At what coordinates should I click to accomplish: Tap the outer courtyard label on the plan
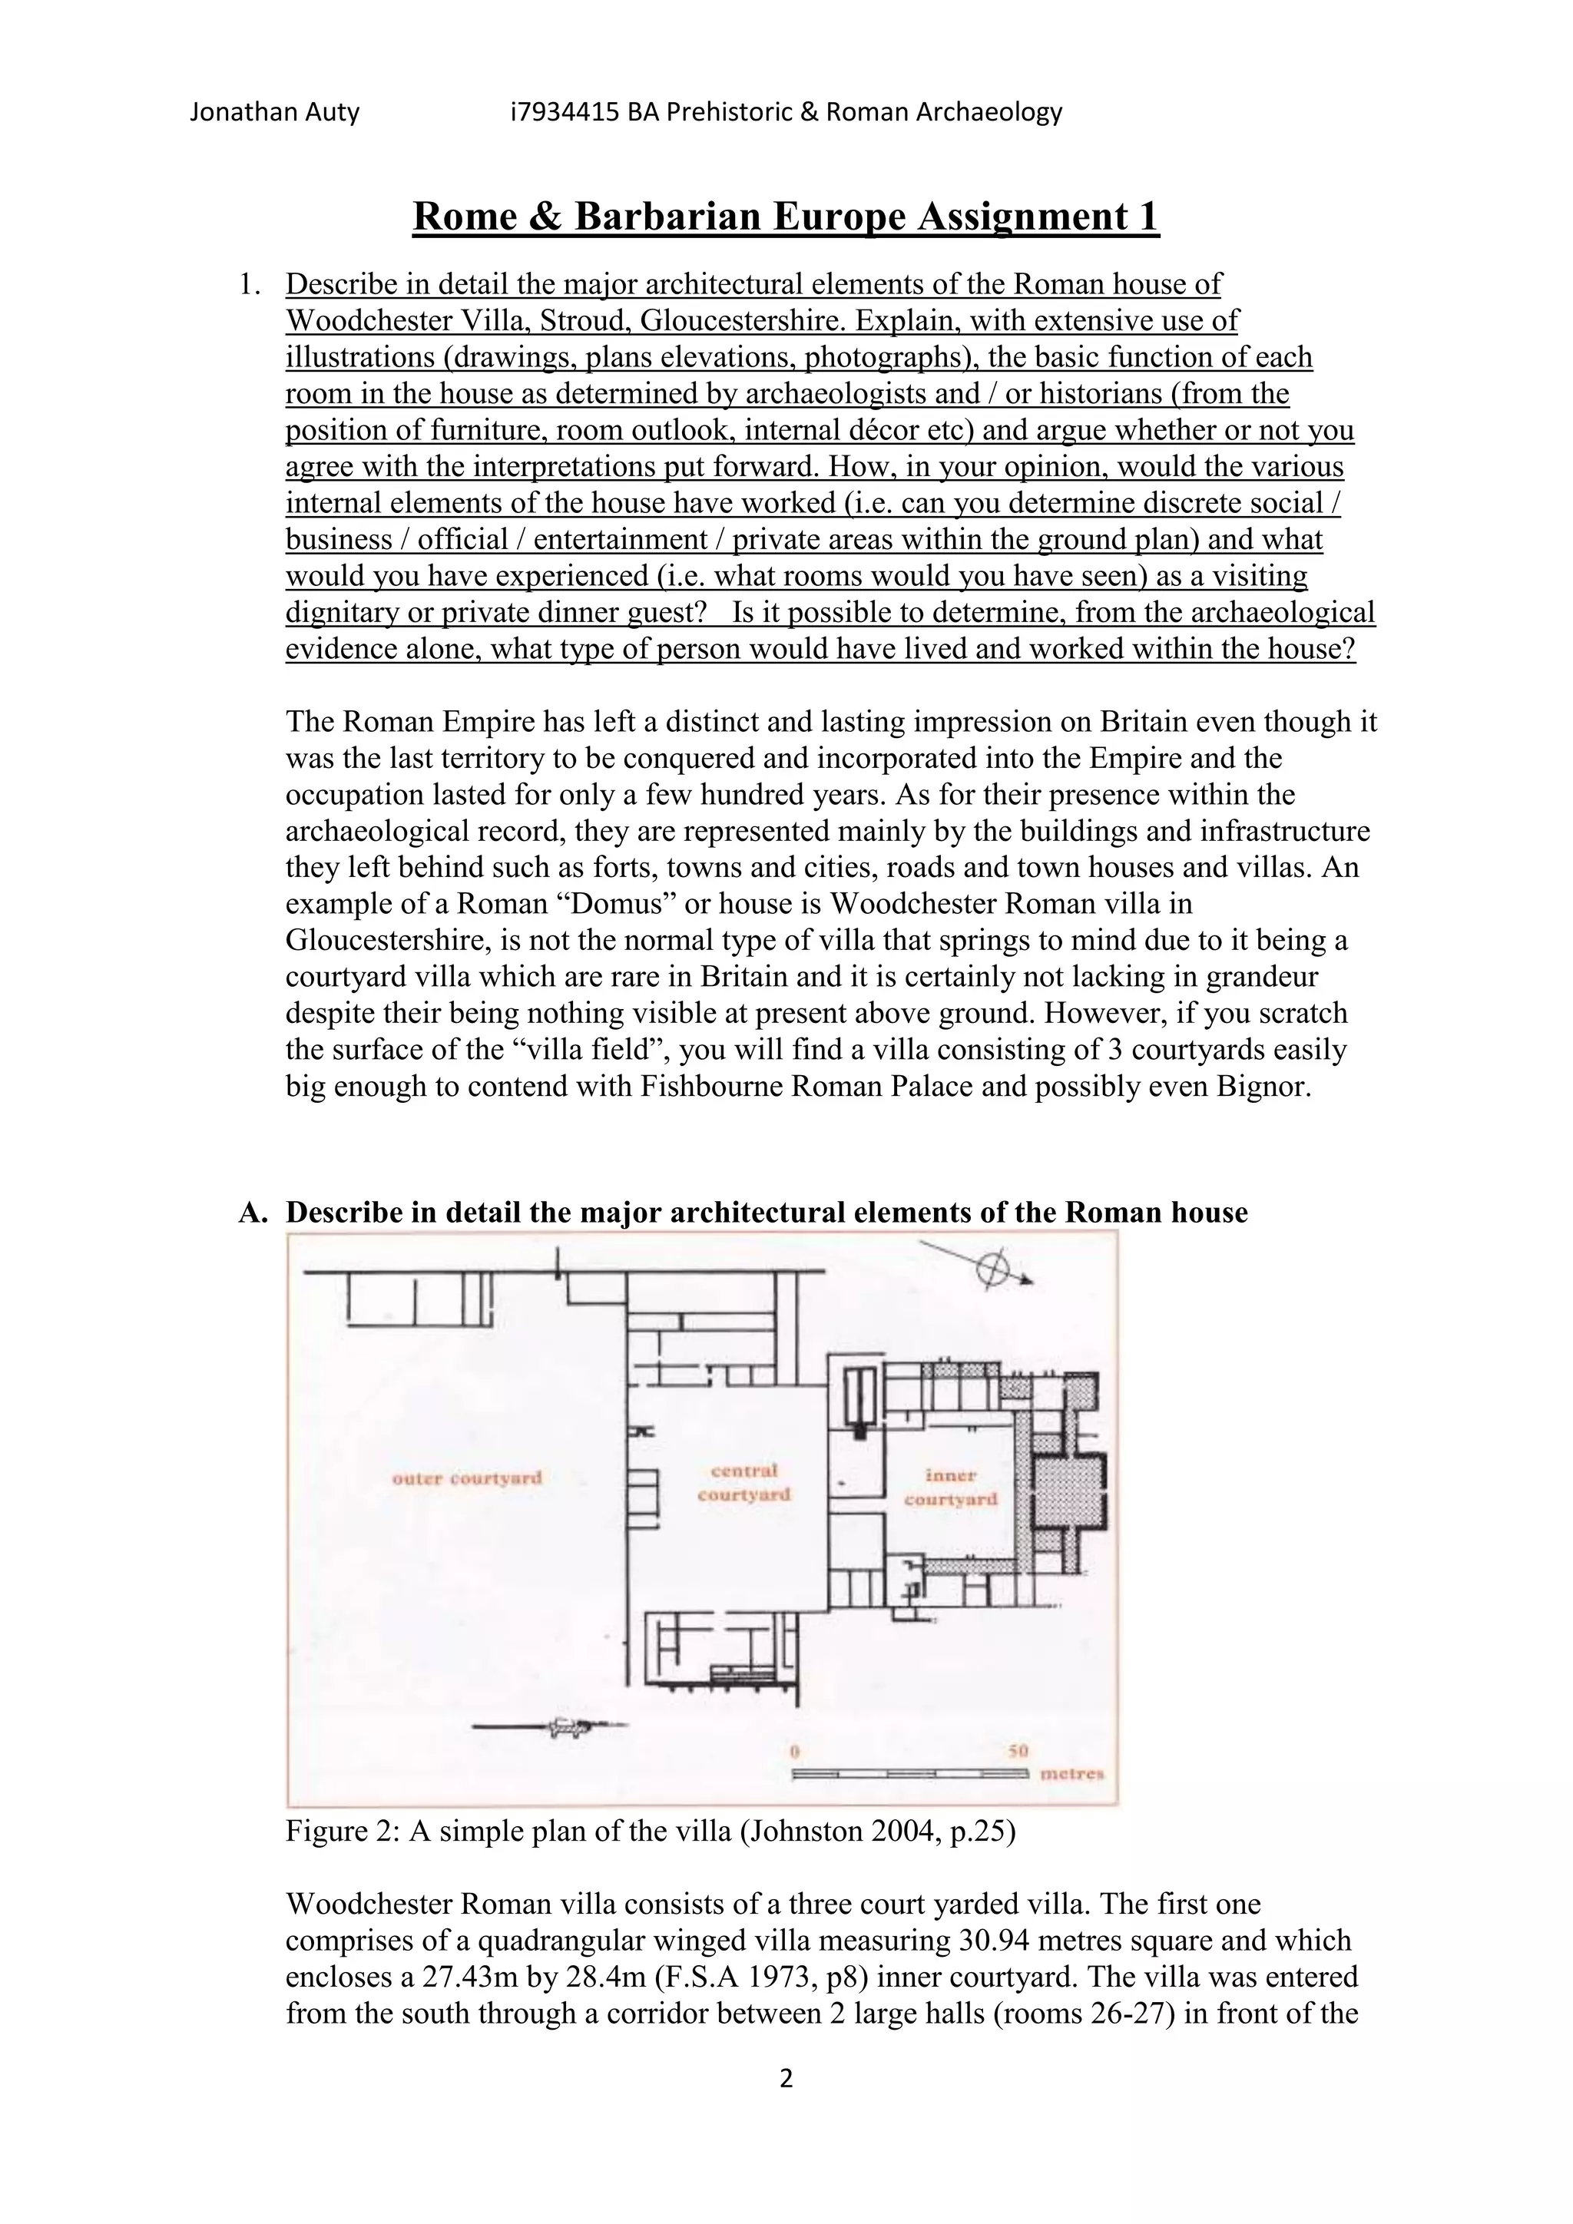(x=466, y=1478)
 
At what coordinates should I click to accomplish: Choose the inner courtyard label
(x=949, y=1487)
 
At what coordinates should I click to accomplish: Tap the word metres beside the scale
(x=1071, y=1775)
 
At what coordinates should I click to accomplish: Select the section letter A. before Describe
(x=251, y=1213)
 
